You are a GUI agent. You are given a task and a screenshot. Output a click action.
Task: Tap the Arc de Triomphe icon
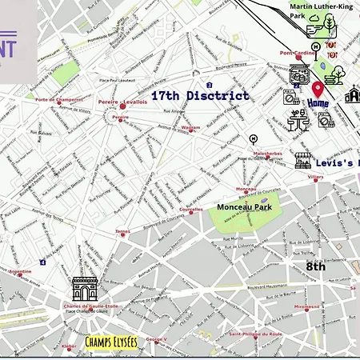pos(84,287)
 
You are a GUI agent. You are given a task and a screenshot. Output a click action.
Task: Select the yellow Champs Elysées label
pos(111,342)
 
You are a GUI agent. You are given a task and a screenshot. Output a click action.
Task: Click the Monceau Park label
pos(244,206)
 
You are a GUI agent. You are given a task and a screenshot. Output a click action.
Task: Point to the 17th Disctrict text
pos(200,95)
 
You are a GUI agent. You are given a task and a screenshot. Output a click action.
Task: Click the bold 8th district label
pos(316,266)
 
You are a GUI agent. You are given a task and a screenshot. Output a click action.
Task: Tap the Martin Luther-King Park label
pos(320,9)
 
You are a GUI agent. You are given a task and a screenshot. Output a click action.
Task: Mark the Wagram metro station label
pos(190,127)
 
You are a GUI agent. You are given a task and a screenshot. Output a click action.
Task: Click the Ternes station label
pos(122,232)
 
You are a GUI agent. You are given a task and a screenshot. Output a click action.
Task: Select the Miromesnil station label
pos(306,306)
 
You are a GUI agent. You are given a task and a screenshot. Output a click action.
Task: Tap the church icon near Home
pos(352,95)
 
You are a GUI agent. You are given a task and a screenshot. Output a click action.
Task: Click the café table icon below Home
pos(298,121)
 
